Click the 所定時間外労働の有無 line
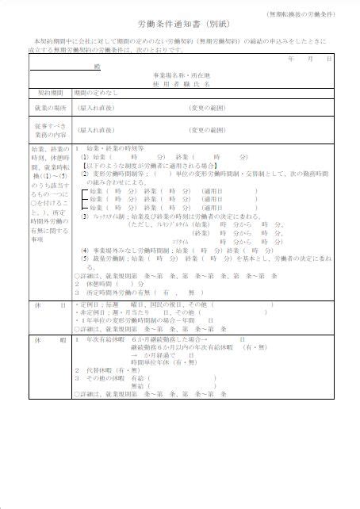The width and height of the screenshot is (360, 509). pos(119,293)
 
